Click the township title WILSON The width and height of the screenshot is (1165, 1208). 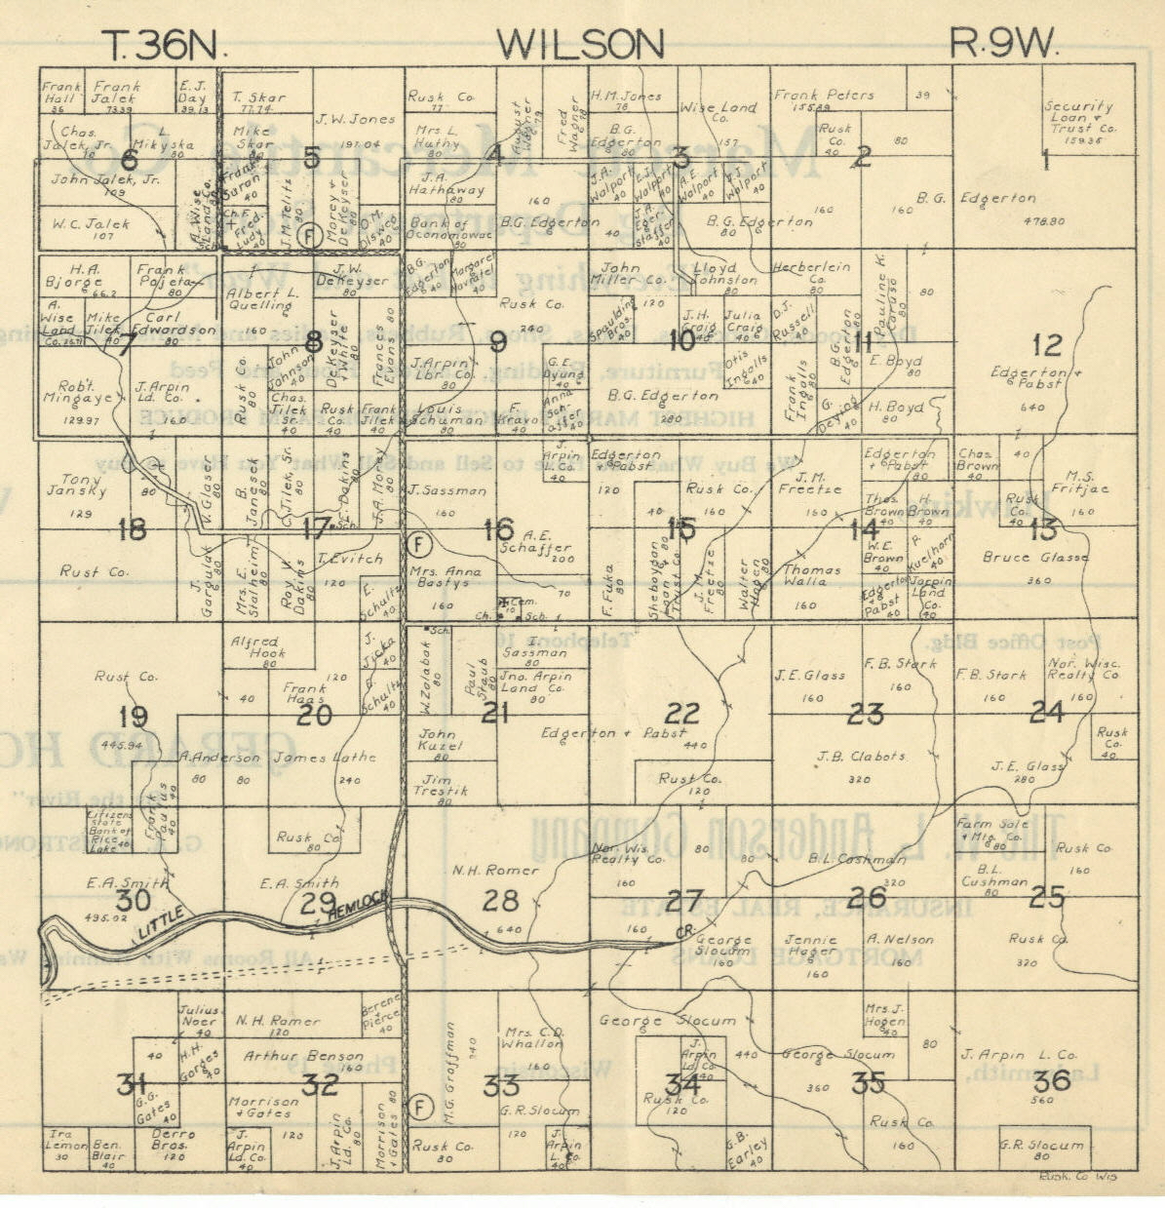tap(580, 44)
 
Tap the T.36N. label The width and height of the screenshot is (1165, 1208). tap(165, 44)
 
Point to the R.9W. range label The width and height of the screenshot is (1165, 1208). tap(1003, 44)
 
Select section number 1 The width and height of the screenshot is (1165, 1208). tap(1046, 158)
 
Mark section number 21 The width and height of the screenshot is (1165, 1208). tap(495, 713)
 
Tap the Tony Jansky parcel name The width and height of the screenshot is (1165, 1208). tap(68, 484)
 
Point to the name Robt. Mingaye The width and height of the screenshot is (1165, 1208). tap(72, 389)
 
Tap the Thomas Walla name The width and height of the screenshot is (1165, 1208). tap(812, 575)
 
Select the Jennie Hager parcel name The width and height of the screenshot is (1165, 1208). tap(812, 945)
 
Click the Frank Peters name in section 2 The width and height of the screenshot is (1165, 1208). tap(824, 96)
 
